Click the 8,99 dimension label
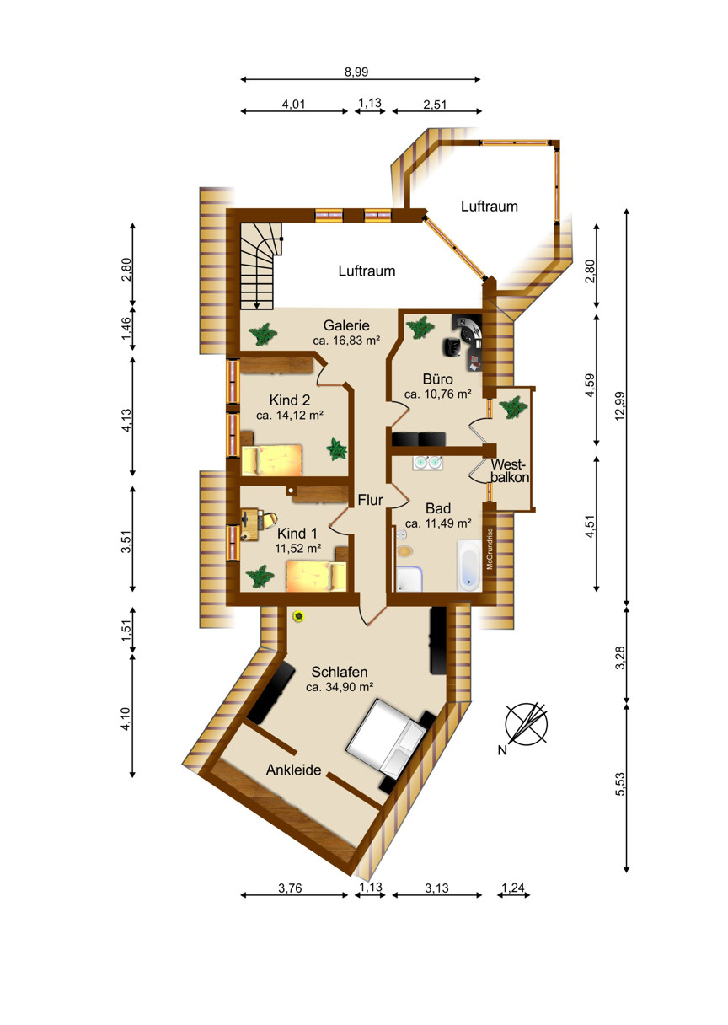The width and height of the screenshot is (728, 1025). [356, 72]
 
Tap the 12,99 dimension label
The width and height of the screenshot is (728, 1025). [620, 406]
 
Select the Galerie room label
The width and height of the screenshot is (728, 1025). [346, 325]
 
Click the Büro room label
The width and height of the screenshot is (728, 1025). [437, 378]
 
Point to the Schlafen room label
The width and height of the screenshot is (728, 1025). [340, 672]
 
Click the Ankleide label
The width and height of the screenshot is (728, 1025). [293, 770]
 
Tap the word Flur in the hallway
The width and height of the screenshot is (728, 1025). [370, 500]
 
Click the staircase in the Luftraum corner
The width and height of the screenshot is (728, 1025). [260, 266]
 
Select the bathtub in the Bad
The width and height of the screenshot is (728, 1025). [469, 566]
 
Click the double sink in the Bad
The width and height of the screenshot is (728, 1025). [427, 463]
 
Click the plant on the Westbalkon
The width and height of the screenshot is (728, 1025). [513, 407]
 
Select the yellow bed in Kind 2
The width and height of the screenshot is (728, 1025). [271, 459]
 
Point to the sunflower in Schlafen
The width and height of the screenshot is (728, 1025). [299, 616]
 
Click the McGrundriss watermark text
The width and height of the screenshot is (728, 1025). [490, 549]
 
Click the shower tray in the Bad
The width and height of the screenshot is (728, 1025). [409, 579]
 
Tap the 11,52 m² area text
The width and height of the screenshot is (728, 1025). [297, 548]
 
